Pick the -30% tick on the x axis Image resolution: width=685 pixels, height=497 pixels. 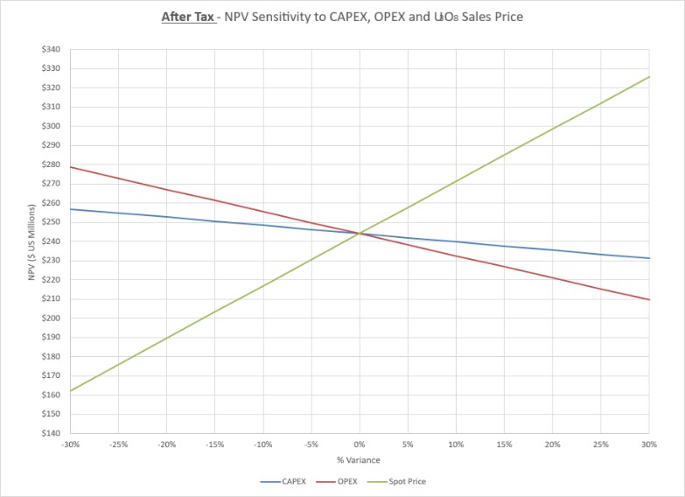[x=71, y=444]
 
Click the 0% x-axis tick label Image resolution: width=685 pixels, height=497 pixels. [x=360, y=444]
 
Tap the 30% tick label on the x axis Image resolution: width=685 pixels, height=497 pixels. [x=649, y=444]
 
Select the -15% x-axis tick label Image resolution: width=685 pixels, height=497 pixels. [x=215, y=444]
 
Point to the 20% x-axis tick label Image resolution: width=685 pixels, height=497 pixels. [x=553, y=444]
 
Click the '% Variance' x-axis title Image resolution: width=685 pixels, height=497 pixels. [x=360, y=460]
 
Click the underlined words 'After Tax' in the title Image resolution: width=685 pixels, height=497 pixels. [x=188, y=17]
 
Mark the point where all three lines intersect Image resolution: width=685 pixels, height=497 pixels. [x=360, y=233]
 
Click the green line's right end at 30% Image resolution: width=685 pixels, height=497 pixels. [x=649, y=77]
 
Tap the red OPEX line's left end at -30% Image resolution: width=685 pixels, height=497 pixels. [x=71, y=167]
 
